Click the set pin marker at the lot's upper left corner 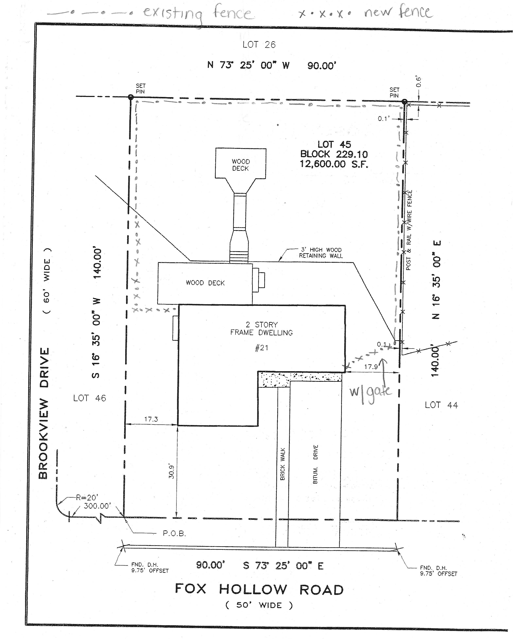point(131,97)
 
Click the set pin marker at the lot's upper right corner point(404,102)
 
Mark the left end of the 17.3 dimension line point(125,424)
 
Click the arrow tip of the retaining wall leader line point(278,261)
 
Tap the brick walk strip point(283,467)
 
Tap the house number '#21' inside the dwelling point(262,348)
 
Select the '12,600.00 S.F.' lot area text point(334,164)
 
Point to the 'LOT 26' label point(259,45)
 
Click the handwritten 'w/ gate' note point(370,394)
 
